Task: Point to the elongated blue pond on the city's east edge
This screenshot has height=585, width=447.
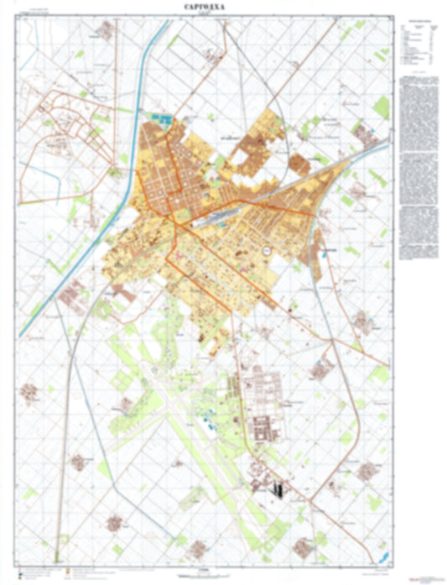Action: tap(320, 243)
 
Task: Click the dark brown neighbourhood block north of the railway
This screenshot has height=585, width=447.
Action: tap(248, 149)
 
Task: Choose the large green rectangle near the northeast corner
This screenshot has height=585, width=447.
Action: tap(382, 107)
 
